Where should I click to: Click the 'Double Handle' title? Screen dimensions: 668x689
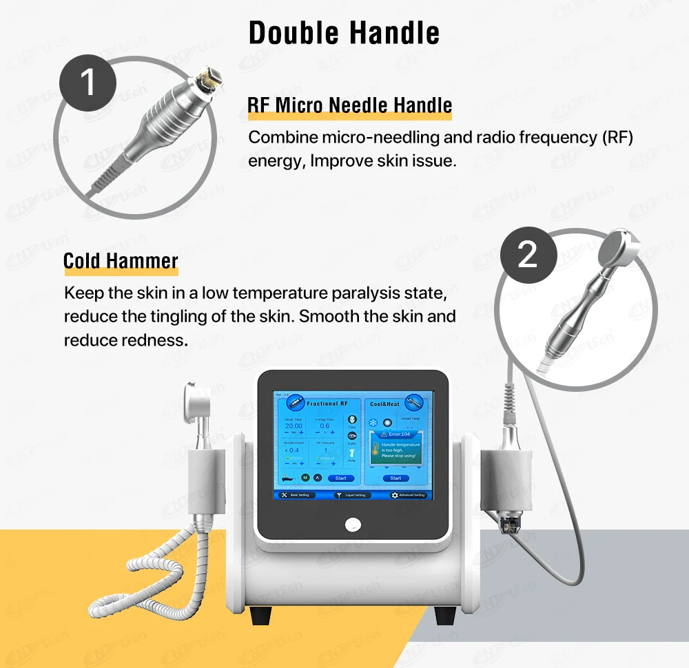coord(344,32)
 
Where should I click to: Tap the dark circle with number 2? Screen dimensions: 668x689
coord(527,255)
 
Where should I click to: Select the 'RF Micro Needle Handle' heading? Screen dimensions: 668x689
coord(350,105)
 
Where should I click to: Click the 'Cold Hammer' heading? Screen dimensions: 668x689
coord(121,261)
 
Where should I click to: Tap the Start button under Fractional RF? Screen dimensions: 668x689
coord(340,478)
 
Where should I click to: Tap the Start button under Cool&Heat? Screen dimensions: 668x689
coord(395,478)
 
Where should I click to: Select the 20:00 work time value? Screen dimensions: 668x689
coord(294,426)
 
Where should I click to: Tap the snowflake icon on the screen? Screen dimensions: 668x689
coord(374,422)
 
